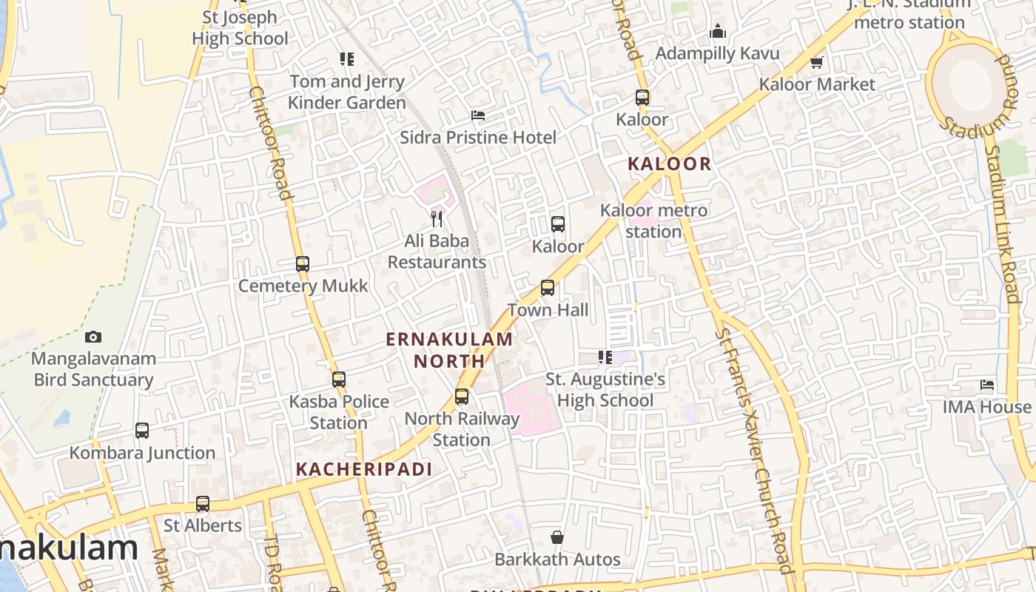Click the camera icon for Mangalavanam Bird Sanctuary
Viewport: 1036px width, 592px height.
click(x=93, y=337)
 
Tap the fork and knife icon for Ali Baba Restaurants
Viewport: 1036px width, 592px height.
click(x=437, y=218)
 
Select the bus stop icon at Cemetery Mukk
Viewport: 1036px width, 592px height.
click(x=302, y=264)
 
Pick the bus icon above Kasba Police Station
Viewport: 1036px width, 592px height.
click(x=339, y=380)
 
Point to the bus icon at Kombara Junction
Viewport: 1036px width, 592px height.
click(x=142, y=431)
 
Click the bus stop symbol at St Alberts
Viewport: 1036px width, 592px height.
click(x=203, y=504)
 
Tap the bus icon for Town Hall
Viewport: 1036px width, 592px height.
click(x=548, y=288)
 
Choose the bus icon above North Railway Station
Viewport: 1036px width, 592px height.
click(x=462, y=397)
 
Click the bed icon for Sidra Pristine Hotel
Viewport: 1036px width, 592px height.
click(x=478, y=115)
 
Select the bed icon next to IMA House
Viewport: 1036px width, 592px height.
click(x=987, y=385)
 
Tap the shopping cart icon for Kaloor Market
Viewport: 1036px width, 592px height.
click(x=817, y=62)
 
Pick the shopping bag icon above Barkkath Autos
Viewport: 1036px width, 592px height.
click(x=557, y=537)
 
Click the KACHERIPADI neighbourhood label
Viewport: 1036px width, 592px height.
click(x=364, y=469)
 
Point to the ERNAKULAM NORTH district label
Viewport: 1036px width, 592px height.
click(x=449, y=350)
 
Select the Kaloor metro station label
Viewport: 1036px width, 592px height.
click(x=653, y=221)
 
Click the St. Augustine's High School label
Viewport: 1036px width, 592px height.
click(x=605, y=390)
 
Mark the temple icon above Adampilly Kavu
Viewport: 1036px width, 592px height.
click(x=717, y=32)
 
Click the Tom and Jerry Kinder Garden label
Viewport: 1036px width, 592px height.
click(x=347, y=92)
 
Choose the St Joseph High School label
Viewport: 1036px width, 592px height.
click(x=240, y=27)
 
